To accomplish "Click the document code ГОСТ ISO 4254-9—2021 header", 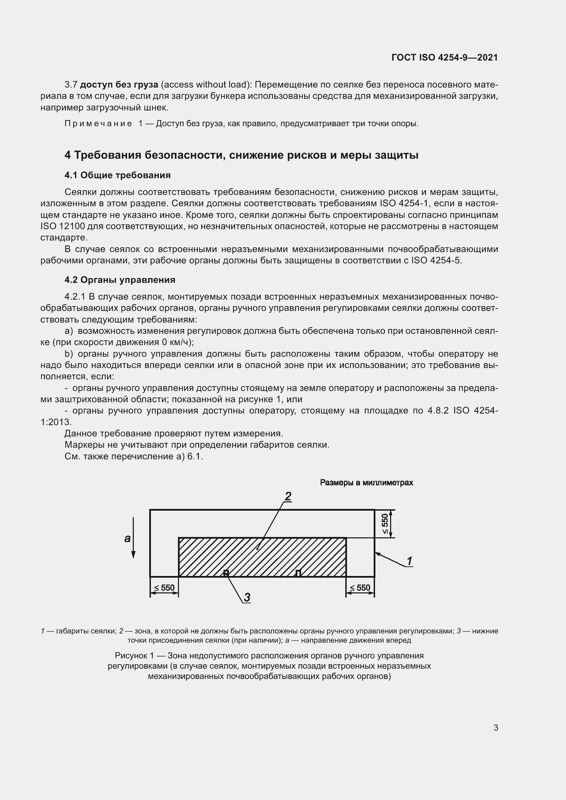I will pyautogui.click(x=445, y=57).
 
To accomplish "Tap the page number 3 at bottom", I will pyautogui.click(x=496, y=727).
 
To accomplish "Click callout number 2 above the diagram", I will pyautogui.click(x=288, y=496).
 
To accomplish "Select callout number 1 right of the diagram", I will pyautogui.click(x=410, y=561).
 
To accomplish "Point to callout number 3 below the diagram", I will pyautogui.click(x=247, y=598).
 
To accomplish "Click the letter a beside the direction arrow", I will pyautogui.click(x=127, y=538).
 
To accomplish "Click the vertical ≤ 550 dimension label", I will pyautogui.click(x=385, y=524).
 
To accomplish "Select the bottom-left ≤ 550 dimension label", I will pyautogui.click(x=164, y=588).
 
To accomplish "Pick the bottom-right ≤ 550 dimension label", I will pyautogui.click(x=360, y=588).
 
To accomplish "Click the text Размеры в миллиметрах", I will pyautogui.click(x=366, y=483).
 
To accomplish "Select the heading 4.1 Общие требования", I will pyautogui.click(x=117, y=175).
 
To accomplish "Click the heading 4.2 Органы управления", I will pyautogui.click(x=119, y=280).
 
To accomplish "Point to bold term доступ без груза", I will pyautogui.click(x=119, y=85).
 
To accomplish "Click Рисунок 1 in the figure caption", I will pyautogui.click(x=134, y=656).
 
